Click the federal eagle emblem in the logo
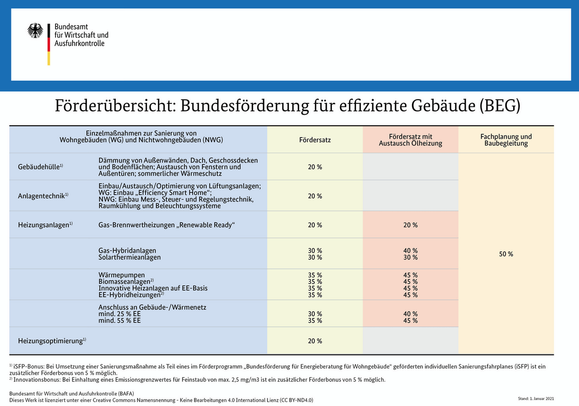(35, 31)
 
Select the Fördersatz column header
(315, 140)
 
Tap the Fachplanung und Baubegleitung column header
(506, 140)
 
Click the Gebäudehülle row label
(40, 167)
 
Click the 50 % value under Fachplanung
(506, 254)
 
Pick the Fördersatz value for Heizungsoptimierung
(315, 341)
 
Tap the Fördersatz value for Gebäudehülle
(315, 167)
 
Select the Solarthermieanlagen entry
(129, 257)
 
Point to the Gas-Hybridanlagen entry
(127, 250)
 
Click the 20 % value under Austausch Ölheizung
(410, 225)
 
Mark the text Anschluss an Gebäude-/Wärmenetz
(152, 307)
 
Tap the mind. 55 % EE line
(119, 321)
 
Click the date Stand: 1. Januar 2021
(536, 398)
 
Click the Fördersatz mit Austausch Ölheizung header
(410, 140)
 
